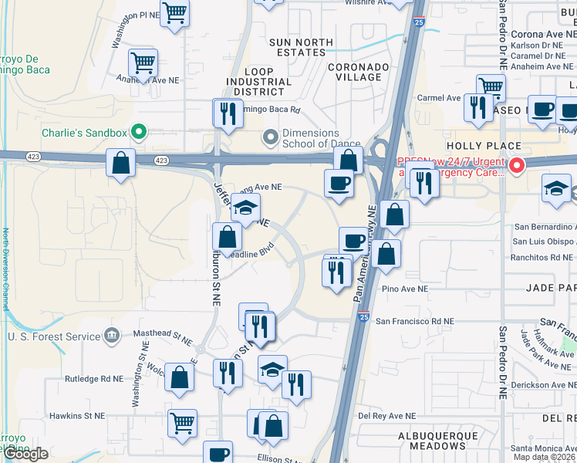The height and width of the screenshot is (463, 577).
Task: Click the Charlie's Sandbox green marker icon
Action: (x=139, y=132)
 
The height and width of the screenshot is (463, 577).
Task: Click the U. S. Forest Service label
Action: (x=55, y=336)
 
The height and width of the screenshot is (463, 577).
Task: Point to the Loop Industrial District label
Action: (x=258, y=86)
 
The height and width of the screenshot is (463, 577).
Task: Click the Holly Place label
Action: (x=484, y=146)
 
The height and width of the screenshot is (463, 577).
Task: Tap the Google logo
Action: (x=25, y=454)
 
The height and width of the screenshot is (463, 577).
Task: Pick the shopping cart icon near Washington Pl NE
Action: (x=175, y=13)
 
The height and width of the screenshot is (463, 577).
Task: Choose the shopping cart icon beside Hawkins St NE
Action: (x=183, y=421)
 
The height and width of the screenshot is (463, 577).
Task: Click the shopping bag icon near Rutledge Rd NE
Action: (x=179, y=377)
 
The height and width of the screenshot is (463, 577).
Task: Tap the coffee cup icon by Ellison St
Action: (x=218, y=453)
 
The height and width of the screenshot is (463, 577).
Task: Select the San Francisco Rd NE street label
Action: (x=415, y=321)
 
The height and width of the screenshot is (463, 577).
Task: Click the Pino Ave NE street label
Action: (x=404, y=289)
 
